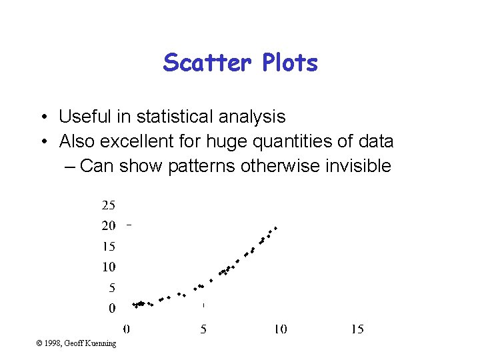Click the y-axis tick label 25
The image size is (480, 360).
point(108,205)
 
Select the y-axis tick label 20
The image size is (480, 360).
point(108,225)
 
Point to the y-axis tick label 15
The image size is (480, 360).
point(108,246)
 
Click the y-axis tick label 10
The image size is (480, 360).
point(108,267)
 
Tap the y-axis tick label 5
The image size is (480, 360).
point(111,288)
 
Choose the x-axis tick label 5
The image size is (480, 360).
point(203,329)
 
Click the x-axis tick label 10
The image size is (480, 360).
point(280,329)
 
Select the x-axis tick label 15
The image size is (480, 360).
point(357,329)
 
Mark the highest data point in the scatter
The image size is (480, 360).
point(275,227)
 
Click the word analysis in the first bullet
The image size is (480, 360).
point(253,117)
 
